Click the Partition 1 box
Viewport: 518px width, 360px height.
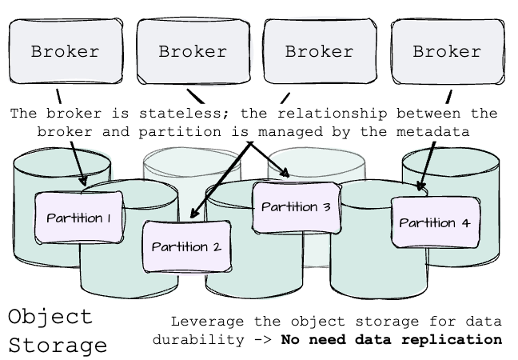click(78, 217)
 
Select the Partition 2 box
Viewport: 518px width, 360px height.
click(186, 246)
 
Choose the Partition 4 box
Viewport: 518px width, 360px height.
click(434, 222)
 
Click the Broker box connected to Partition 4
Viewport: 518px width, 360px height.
click(447, 52)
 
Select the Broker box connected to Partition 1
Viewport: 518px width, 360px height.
click(65, 52)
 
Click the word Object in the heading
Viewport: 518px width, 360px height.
click(50, 317)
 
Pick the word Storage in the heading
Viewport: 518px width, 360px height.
click(58, 345)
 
